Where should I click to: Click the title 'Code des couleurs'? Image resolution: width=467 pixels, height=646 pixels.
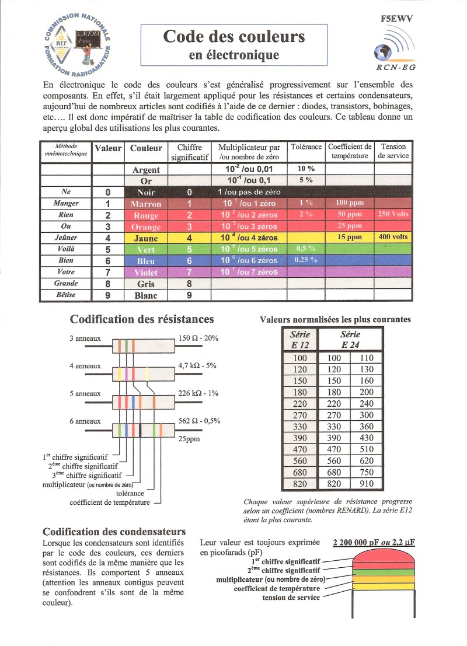pos(233,37)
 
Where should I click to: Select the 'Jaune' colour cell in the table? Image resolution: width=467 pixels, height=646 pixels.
pos(146,238)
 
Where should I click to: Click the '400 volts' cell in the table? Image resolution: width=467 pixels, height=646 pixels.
pos(393,238)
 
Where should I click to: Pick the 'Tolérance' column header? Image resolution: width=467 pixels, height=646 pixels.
pos(306,147)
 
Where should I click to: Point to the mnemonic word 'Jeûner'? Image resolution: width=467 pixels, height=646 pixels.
pos(65,238)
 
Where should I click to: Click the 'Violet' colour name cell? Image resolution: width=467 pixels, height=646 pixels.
pos(146,273)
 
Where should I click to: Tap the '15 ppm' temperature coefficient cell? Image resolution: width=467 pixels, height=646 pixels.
pos(349,238)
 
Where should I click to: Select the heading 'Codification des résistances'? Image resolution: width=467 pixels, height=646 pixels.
pos(142,319)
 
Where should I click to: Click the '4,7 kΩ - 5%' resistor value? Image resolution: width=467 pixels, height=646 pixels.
pos(197,366)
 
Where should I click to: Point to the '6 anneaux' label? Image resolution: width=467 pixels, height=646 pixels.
pos(85,421)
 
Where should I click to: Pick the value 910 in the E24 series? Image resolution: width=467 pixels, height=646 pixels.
pos(367,484)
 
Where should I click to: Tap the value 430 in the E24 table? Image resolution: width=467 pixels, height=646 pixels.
pos(367,438)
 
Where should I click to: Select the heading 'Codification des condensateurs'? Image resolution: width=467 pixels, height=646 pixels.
pos(114,532)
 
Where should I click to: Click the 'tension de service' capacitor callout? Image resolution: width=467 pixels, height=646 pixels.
pos(291,598)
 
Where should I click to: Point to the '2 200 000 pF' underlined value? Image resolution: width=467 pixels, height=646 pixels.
pos(357,542)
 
